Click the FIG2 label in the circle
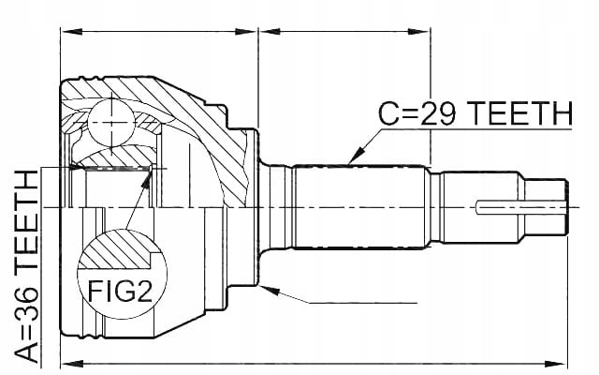121,292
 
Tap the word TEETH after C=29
520,113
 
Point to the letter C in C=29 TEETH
389,113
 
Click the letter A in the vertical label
27,351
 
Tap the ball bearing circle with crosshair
111,123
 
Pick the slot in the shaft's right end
520,208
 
